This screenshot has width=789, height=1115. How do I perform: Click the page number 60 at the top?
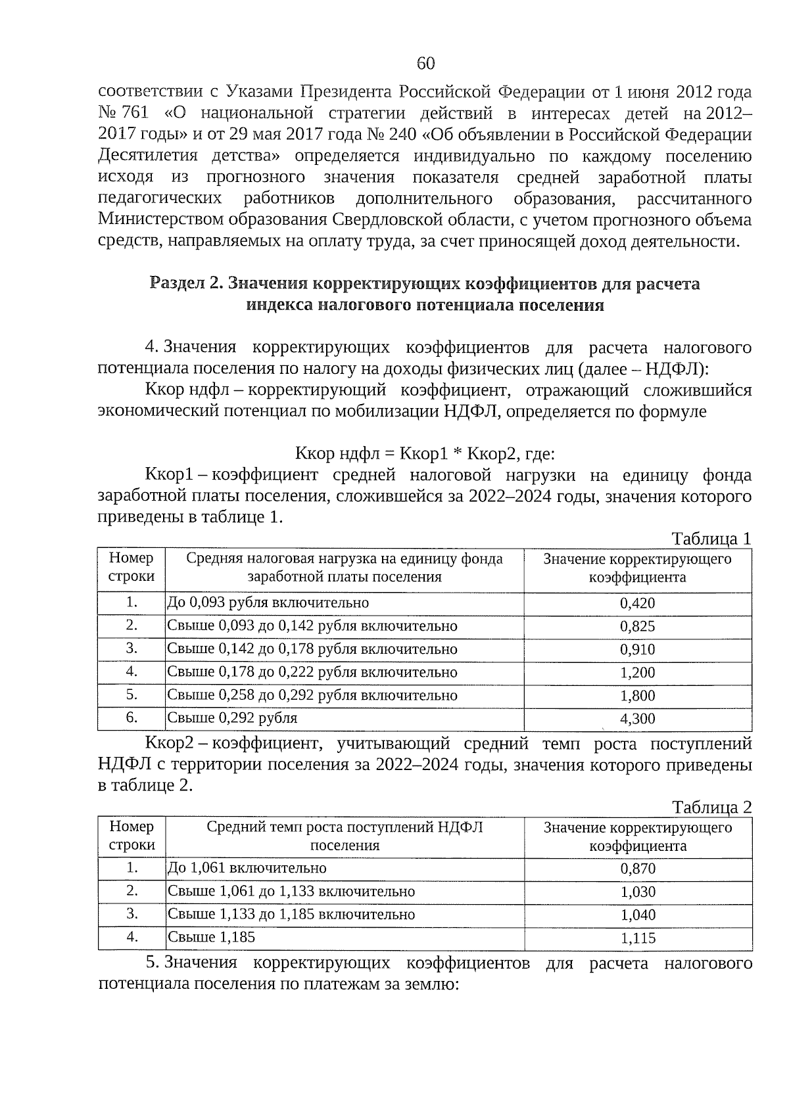click(425, 63)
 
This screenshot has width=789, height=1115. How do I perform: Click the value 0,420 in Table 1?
click(637, 603)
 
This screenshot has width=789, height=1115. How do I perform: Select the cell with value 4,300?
click(637, 719)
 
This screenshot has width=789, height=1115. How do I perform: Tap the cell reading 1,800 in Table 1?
click(637, 696)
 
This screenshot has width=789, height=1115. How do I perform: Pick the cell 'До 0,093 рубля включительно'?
click(268, 603)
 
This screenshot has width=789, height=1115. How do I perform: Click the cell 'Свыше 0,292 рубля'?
click(232, 718)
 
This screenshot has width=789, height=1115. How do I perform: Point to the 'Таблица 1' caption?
click(711, 539)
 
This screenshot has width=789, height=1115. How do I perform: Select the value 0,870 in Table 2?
click(638, 869)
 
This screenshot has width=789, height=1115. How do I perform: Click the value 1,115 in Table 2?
click(638, 938)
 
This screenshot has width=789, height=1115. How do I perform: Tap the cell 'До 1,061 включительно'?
click(247, 868)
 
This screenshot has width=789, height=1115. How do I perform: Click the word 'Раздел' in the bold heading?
click(177, 284)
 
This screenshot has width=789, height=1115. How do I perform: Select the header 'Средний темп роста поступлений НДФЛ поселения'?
click(345, 836)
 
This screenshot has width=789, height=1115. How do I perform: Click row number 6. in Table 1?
click(131, 717)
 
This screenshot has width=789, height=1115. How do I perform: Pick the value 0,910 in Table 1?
click(637, 650)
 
